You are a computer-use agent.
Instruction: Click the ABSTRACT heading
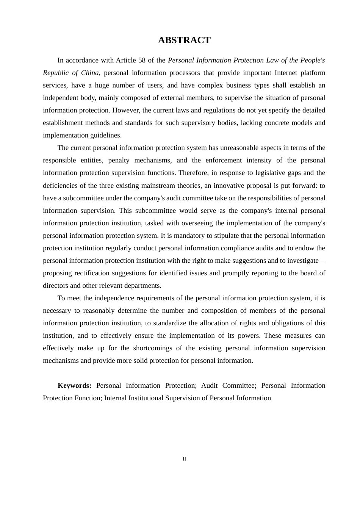tap(184, 40)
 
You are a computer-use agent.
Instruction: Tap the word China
tap(90, 73)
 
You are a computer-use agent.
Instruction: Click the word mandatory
tap(189, 236)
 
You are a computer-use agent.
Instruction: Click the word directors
tap(55, 286)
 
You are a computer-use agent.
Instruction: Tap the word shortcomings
tap(153, 348)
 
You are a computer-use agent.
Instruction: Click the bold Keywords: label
tap(74, 386)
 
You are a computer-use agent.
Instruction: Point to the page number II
tap(184, 459)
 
